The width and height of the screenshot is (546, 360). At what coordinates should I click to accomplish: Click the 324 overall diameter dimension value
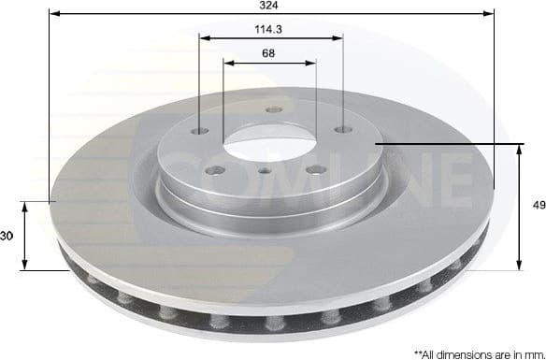click(x=269, y=6)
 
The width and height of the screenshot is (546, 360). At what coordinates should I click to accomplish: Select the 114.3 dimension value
click(x=269, y=29)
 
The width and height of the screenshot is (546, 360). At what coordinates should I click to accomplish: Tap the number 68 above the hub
click(x=269, y=53)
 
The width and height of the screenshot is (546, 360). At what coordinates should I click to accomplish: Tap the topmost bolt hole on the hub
click(x=273, y=110)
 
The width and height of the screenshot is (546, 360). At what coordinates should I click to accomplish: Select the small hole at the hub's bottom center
click(x=266, y=170)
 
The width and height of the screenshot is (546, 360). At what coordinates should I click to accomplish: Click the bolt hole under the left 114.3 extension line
click(x=202, y=132)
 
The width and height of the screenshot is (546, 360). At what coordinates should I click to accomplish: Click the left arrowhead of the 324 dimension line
click(x=54, y=14)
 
